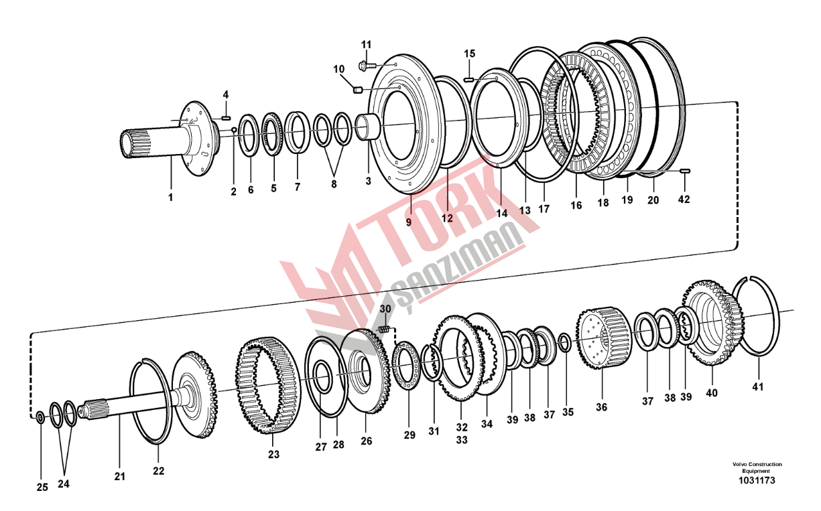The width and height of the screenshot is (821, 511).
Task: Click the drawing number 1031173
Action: pyautogui.click(x=757, y=480)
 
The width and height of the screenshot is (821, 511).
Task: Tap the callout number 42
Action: pyautogui.click(x=684, y=200)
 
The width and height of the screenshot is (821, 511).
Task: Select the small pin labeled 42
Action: pyautogui.click(x=685, y=171)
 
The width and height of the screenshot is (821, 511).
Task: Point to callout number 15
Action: pyautogui.click(x=470, y=54)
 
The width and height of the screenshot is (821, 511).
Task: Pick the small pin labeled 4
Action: pyautogui.click(x=226, y=118)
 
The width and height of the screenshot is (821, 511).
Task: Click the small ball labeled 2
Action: pyautogui.click(x=233, y=130)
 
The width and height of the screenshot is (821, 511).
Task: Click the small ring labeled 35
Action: pyautogui.click(x=565, y=342)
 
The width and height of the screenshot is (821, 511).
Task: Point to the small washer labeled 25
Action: pyautogui.click(x=40, y=417)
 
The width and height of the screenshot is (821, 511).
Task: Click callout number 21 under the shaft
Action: pyautogui.click(x=120, y=477)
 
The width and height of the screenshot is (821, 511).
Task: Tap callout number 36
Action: pyautogui.click(x=601, y=407)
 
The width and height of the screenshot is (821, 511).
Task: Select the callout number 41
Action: pyautogui.click(x=758, y=386)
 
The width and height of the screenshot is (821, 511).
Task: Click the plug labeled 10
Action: pyautogui.click(x=358, y=89)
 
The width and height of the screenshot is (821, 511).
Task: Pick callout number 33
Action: pyautogui.click(x=462, y=440)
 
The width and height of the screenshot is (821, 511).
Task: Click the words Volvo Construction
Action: pyautogui.click(x=757, y=465)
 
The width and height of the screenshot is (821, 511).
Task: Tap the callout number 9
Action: pyautogui.click(x=409, y=222)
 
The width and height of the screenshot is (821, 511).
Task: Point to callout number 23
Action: pyautogui.click(x=274, y=454)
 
